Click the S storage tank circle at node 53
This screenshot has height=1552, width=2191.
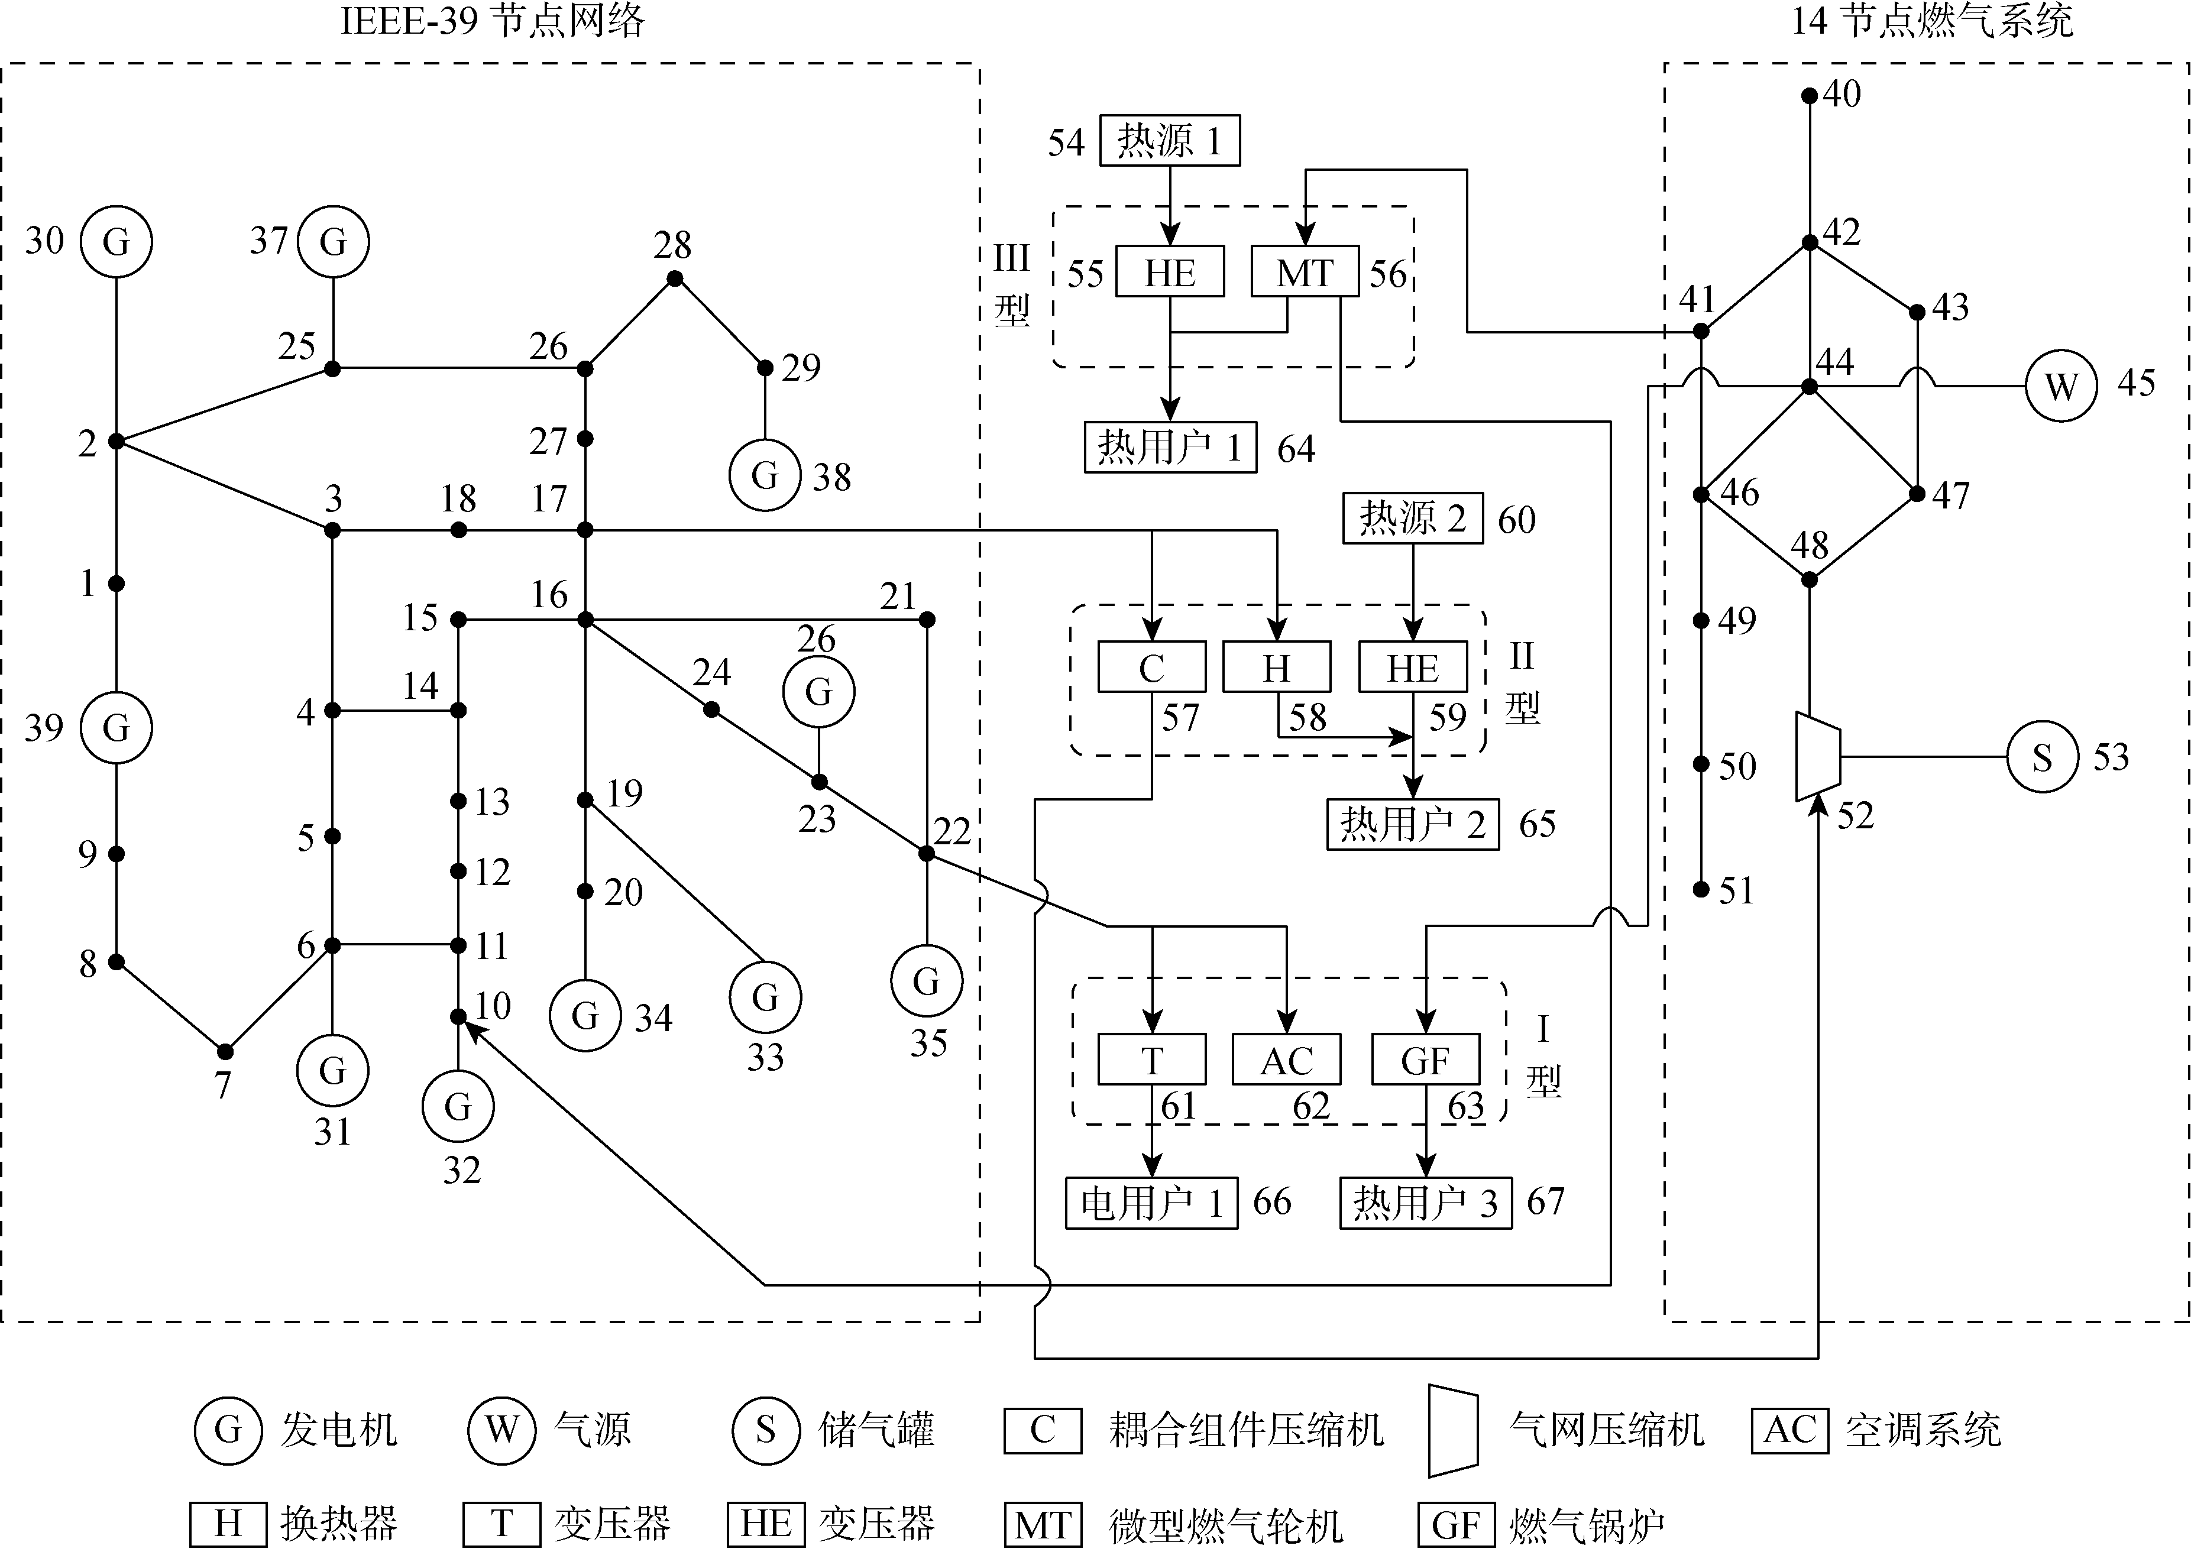coord(2042,757)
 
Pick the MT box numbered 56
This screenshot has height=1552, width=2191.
coord(1305,273)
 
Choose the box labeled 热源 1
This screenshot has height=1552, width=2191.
coord(1169,141)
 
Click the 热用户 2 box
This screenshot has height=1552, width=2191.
coord(1412,824)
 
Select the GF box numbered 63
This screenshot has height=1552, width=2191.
coord(1425,1060)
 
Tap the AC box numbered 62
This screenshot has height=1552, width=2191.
coord(1287,1060)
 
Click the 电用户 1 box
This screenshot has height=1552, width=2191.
coord(1151,1202)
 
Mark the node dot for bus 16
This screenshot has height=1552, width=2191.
coord(586,620)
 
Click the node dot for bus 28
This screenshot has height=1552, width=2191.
coord(675,279)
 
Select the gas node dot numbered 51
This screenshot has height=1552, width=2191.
coord(1701,889)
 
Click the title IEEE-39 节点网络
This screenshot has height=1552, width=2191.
coord(492,21)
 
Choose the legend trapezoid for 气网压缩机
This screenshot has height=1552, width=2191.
coord(1453,1431)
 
